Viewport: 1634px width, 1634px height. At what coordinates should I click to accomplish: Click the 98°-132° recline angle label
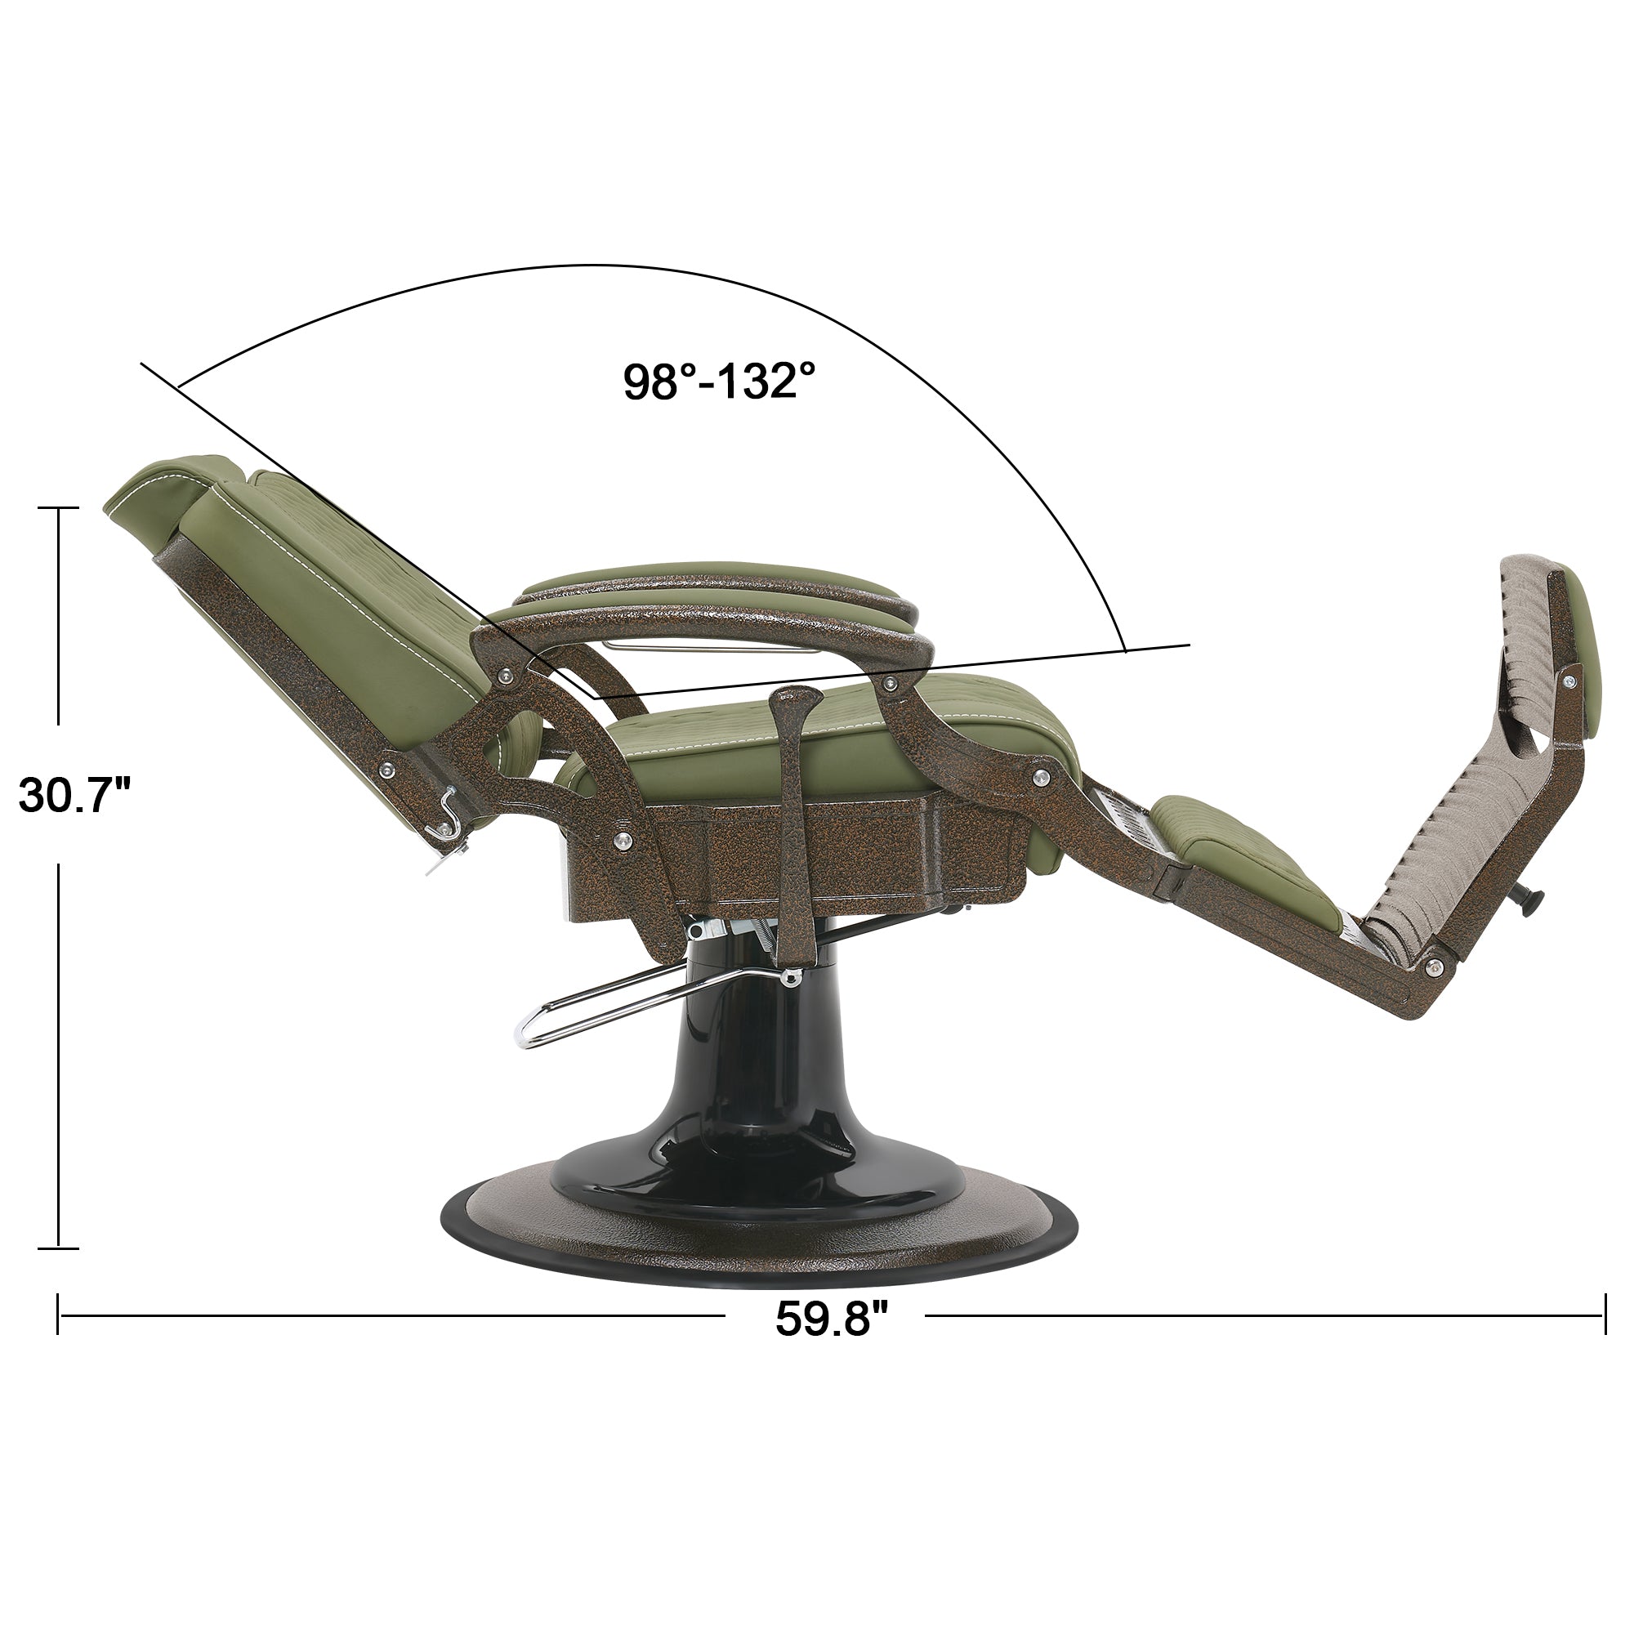[x=720, y=382]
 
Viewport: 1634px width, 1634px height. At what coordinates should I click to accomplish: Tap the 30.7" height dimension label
[x=75, y=794]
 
